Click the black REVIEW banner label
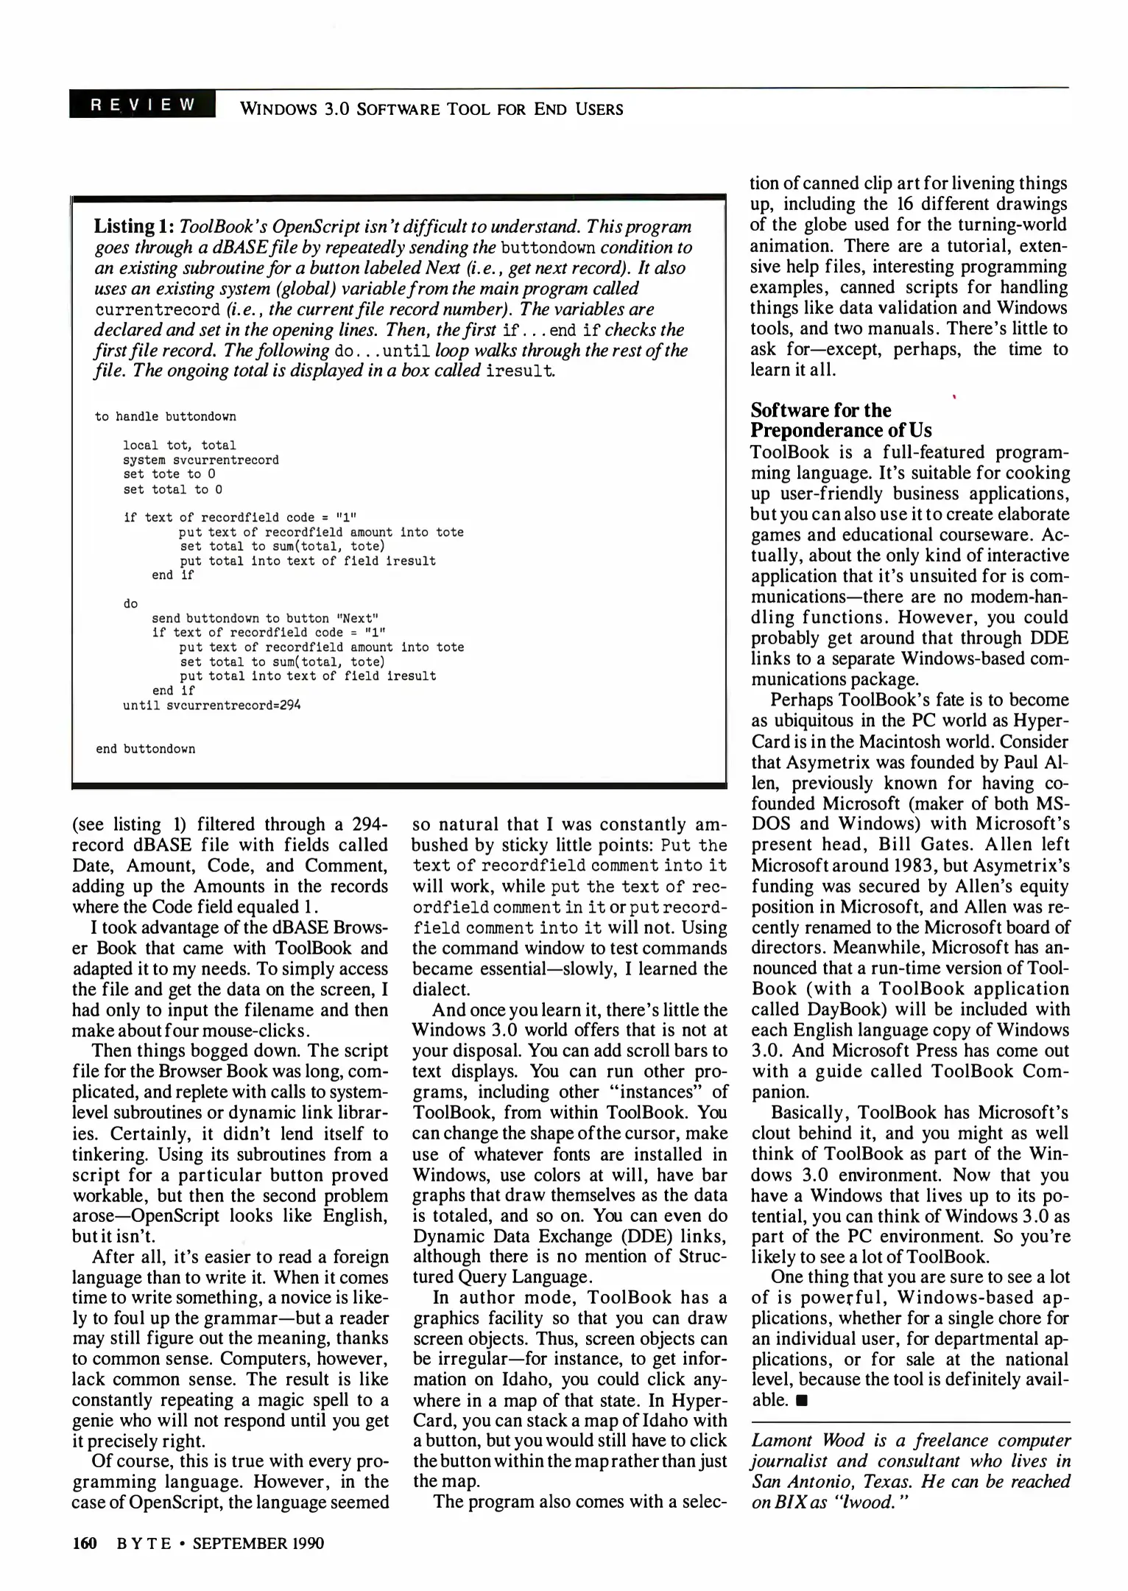click(x=142, y=105)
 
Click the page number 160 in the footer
click(x=85, y=1543)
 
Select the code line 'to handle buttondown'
click(x=166, y=417)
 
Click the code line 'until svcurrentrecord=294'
click(x=211, y=705)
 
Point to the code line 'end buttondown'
click(x=145, y=749)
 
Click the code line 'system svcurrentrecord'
click(x=200, y=460)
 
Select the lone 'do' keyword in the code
click(x=130, y=604)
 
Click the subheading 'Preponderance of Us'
click(x=841, y=431)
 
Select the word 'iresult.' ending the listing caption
click(x=520, y=370)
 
